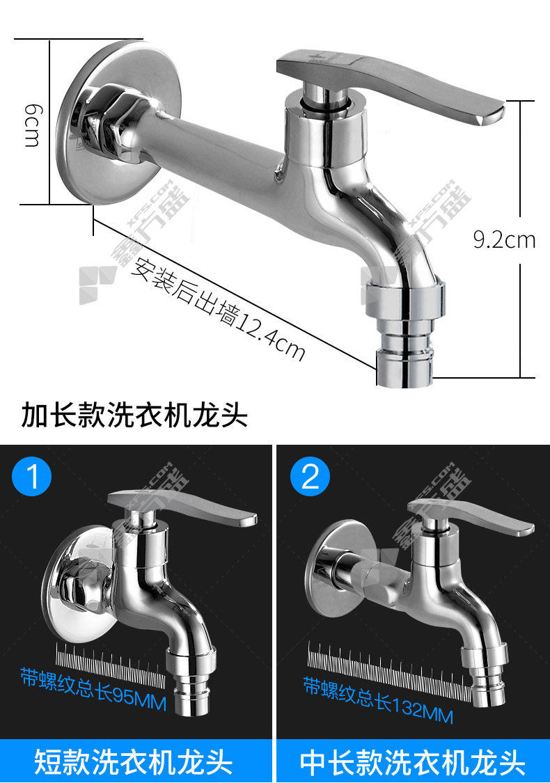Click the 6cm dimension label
click(33, 125)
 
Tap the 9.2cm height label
click(504, 239)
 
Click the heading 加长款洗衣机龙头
click(134, 415)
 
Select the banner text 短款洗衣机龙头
click(134, 761)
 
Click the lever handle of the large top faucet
click(390, 85)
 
